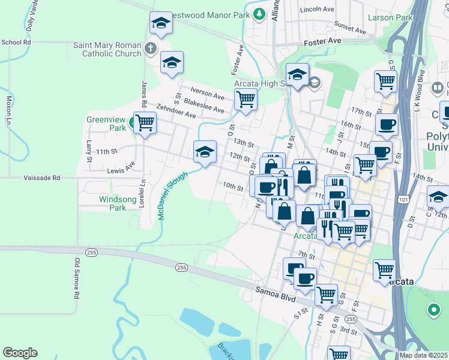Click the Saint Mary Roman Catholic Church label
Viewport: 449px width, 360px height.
[x=107, y=49]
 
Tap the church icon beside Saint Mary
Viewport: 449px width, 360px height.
[x=150, y=47]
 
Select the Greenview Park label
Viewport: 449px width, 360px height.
[x=106, y=123]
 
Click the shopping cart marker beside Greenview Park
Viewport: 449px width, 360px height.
[x=145, y=122]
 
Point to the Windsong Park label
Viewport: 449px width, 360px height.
[x=113, y=203]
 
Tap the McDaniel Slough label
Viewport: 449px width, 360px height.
[x=173, y=195]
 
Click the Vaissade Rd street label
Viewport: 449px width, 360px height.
[x=42, y=178]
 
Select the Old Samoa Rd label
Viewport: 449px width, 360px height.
[x=77, y=279]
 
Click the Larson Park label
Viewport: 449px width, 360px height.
[x=390, y=18]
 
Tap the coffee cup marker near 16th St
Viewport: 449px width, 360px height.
[x=387, y=124]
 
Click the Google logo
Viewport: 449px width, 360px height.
[x=20, y=353]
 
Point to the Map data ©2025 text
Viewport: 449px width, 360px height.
[x=423, y=355]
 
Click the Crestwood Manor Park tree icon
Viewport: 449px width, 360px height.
[x=259, y=13]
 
